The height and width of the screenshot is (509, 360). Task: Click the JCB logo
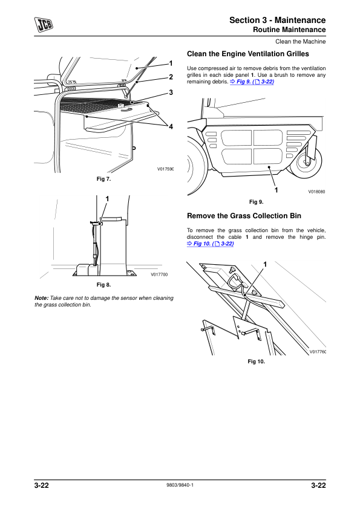pyautogui.click(x=44, y=24)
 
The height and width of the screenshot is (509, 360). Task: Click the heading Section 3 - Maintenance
pyautogui.click(x=278, y=20)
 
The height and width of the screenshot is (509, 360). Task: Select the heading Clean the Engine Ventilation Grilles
pyautogui.click(x=248, y=54)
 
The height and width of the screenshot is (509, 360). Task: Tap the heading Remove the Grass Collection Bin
pyautogui.click(x=244, y=216)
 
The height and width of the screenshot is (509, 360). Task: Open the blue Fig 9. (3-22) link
pyautogui.click(x=252, y=82)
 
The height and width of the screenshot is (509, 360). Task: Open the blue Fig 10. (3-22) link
pyautogui.click(x=210, y=244)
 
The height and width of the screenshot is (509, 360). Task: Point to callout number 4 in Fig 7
pyautogui.click(x=171, y=126)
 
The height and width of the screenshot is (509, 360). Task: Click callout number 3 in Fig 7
pyautogui.click(x=171, y=92)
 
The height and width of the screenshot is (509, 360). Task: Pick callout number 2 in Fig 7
pyautogui.click(x=171, y=77)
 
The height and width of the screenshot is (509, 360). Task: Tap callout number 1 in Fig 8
pyautogui.click(x=107, y=199)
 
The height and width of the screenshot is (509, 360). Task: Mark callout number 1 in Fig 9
pyautogui.click(x=276, y=190)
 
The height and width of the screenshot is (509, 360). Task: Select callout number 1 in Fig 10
pyautogui.click(x=265, y=265)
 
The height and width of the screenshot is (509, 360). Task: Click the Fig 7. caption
pyautogui.click(x=103, y=179)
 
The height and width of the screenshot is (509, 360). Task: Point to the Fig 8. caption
pyautogui.click(x=103, y=285)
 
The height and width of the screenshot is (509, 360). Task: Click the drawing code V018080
pyautogui.click(x=317, y=192)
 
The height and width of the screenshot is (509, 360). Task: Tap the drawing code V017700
pyautogui.click(x=159, y=274)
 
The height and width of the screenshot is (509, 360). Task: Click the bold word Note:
pyautogui.click(x=42, y=298)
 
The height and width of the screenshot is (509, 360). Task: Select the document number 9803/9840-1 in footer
pyautogui.click(x=180, y=485)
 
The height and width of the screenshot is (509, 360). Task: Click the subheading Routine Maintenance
pyautogui.click(x=289, y=30)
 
